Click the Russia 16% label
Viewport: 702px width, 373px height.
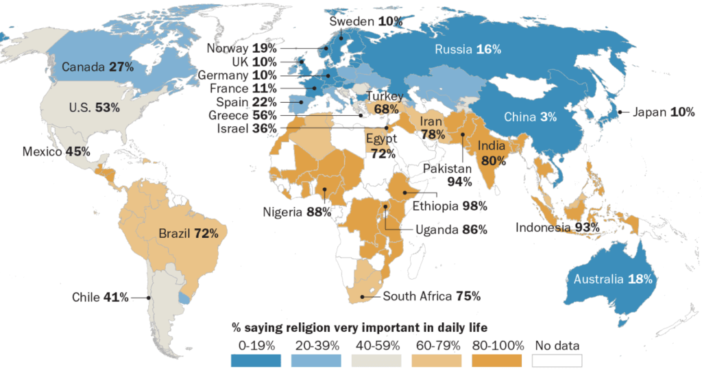coord(468,49)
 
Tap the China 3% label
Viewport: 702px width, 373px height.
coord(530,117)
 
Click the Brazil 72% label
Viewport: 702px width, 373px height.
coord(189,233)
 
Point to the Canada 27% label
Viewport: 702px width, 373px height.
coord(97,67)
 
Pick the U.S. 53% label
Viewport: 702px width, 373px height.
coord(95,108)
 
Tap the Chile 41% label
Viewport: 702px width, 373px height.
coord(100,298)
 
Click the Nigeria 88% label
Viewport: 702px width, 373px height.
coord(297,212)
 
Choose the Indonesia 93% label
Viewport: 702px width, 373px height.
coord(557,227)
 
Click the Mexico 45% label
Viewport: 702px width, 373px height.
coord(56,152)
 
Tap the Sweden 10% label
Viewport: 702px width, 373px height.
coord(366,21)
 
